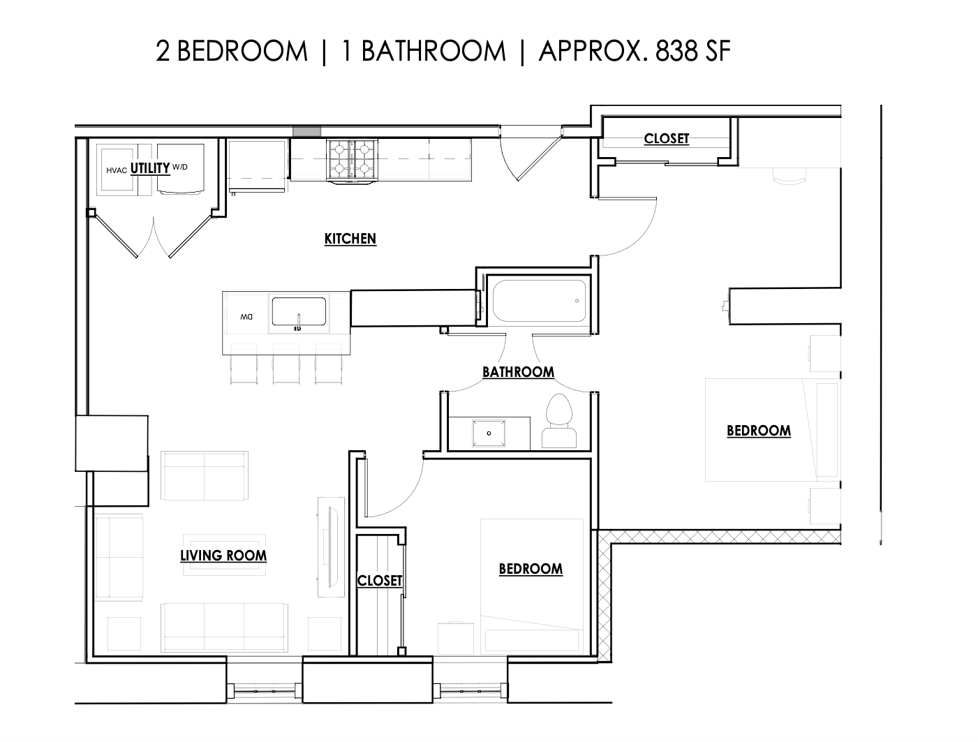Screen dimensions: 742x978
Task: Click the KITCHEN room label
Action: (350, 239)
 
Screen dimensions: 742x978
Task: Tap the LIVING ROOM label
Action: (223, 556)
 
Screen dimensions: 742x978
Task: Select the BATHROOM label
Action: (518, 372)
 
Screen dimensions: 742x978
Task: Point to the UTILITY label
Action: (150, 168)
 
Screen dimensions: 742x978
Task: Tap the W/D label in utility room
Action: (179, 168)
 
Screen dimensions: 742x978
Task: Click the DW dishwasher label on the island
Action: (246, 317)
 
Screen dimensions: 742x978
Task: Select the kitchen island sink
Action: (299, 311)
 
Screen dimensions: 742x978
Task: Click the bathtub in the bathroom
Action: (539, 301)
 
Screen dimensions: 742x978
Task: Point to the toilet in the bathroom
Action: (559, 422)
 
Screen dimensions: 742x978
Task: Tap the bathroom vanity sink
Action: (489, 433)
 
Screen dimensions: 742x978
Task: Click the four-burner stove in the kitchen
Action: (352, 160)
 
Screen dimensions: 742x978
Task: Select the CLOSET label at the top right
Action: (666, 138)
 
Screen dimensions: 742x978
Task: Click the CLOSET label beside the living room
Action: (380, 581)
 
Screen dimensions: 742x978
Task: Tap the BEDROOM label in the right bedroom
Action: (759, 430)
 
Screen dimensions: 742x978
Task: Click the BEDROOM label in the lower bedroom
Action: (531, 569)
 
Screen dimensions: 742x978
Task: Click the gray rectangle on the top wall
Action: (306, 131)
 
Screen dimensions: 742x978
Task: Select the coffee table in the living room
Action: (224, 556)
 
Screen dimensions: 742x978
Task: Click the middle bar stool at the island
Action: (286, 364)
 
